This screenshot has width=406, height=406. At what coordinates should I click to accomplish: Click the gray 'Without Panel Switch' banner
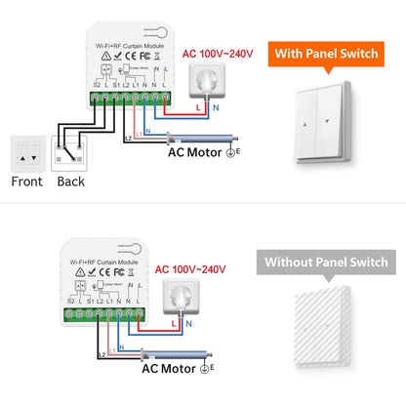click(326, 263)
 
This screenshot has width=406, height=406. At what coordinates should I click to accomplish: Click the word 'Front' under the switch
click(26, 181)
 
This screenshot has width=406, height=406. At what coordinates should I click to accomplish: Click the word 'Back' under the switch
click(70, 181)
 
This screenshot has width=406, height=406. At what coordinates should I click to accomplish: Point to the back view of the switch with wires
click(68, 150)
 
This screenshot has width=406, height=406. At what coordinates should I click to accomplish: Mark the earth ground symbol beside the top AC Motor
click(233, 150)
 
